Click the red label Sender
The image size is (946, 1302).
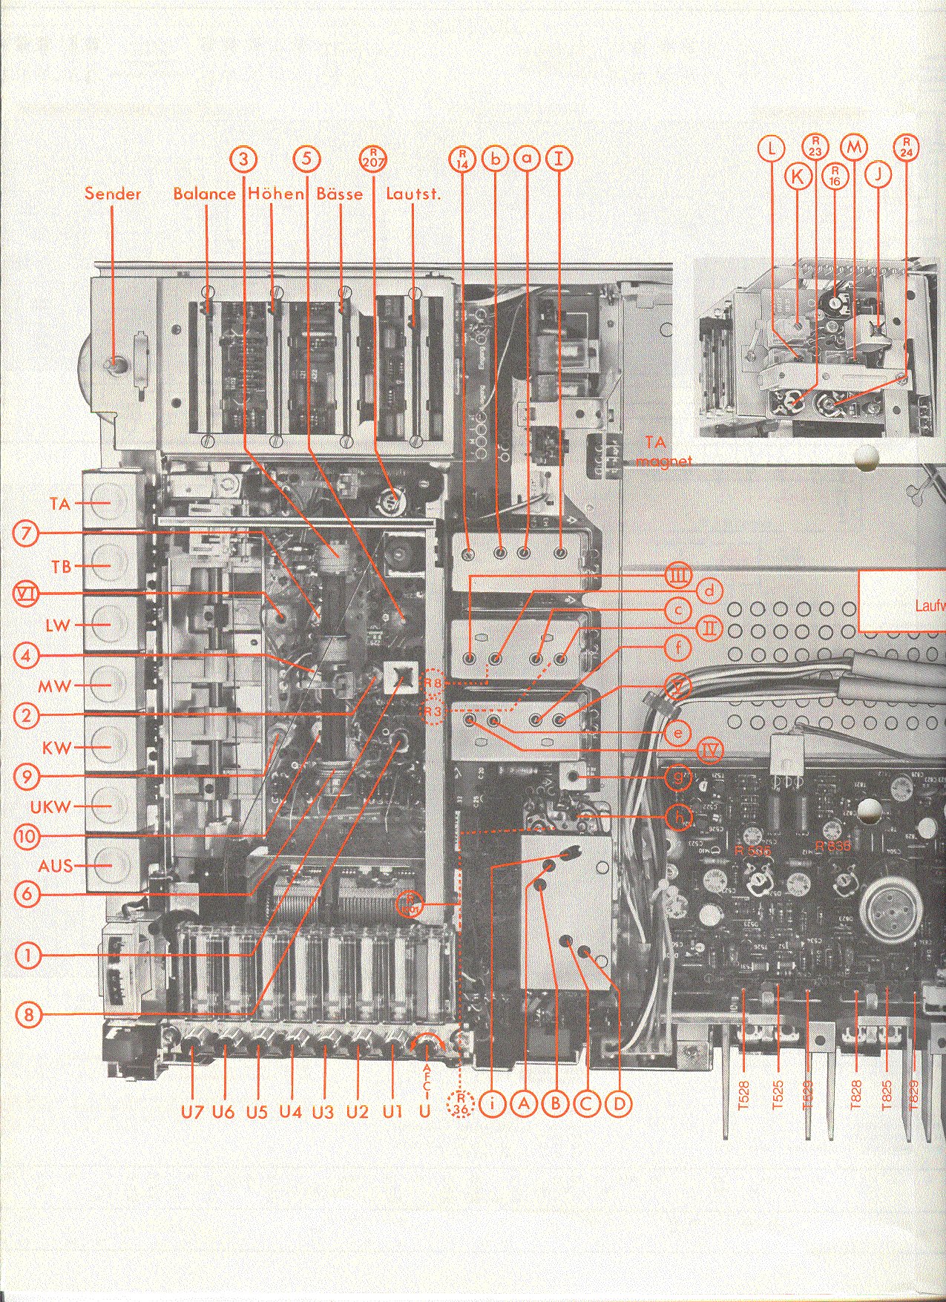113,194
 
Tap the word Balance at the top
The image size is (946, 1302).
204,194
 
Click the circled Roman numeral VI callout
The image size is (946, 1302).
27,594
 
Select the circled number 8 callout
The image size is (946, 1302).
28,1013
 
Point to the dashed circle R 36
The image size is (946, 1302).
461,1103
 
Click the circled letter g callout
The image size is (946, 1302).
677,778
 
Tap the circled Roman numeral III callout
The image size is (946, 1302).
677,575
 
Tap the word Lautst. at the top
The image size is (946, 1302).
413,194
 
